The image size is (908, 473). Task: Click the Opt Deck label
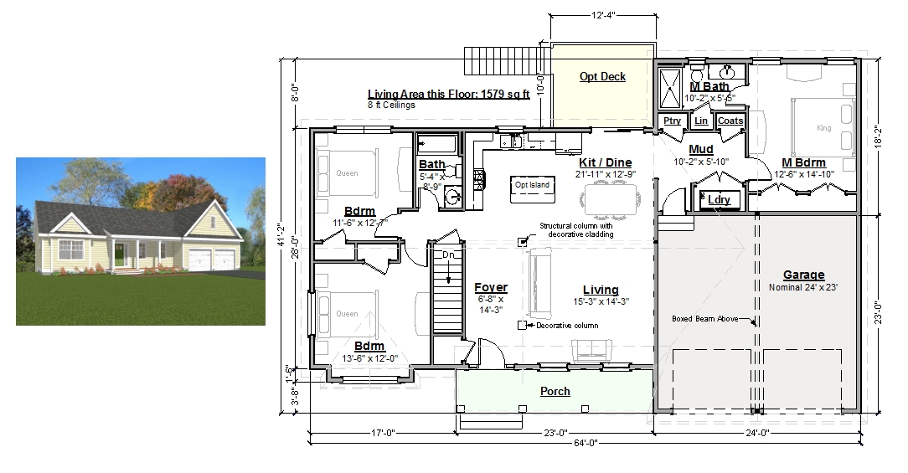tap(602, 76)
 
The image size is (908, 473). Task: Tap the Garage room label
tap(804, 275)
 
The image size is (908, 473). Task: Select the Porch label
tap(555, 391)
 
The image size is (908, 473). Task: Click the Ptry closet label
tap(672, 121)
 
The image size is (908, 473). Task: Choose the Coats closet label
tap(730, 121)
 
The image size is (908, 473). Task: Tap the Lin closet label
tap(701, 121)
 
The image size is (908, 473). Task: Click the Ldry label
tap(720, 200)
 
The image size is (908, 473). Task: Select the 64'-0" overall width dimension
tap(586, 443)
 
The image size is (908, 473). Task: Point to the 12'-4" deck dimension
tap(603, 16)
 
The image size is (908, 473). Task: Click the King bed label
tap(823, 128)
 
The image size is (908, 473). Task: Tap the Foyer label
tap(491, 287)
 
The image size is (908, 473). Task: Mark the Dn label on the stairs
tap(448, 254)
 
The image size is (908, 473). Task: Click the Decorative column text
tap(567, 326)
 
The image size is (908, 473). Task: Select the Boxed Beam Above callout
tap(704, 318)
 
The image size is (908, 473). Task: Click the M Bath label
tap(709, 86)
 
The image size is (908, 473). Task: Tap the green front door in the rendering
tap(119, 256)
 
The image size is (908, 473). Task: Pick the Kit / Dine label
tap(605, 162)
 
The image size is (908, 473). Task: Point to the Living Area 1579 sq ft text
tap(449, 95)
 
